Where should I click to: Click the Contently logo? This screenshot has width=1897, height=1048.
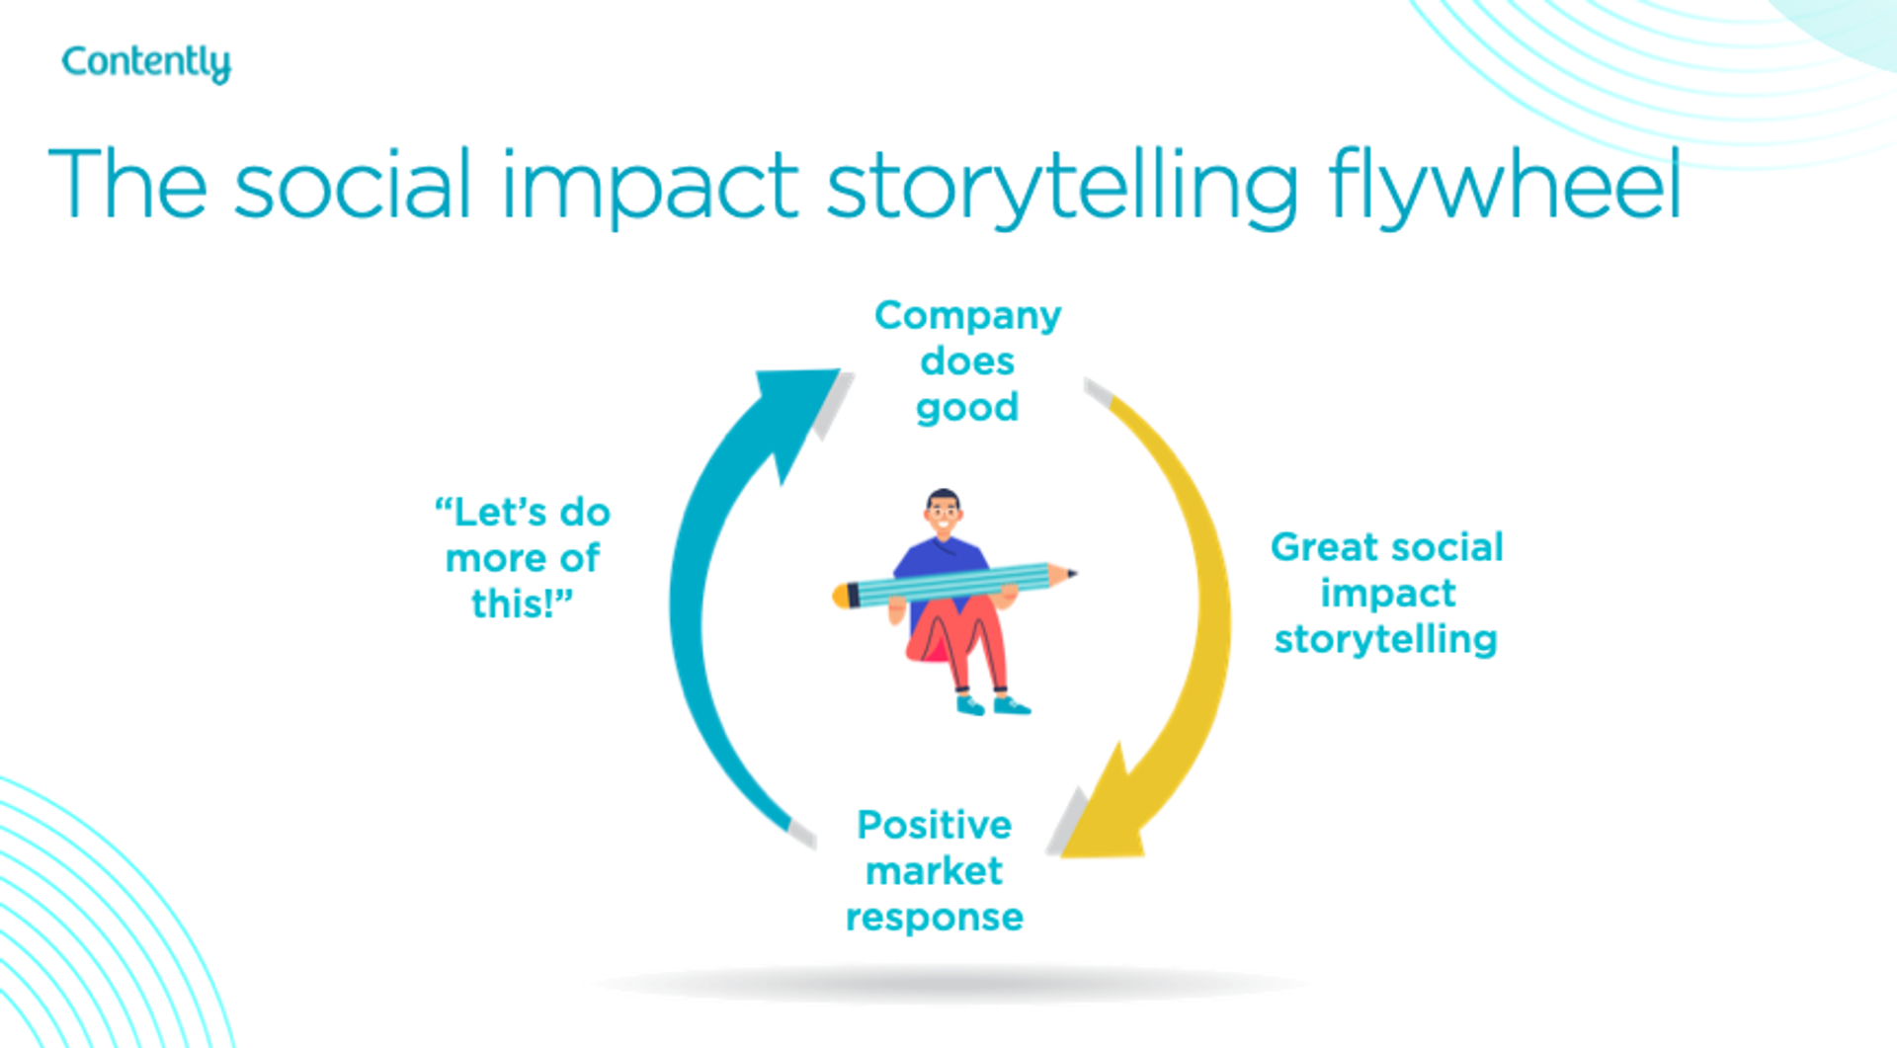click(x=146, y=62)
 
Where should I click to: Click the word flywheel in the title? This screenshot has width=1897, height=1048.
click(x=1504, y=186)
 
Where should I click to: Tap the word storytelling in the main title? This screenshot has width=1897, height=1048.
click(x=1062, y=186)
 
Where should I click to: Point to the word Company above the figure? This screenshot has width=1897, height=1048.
click(x=967, y=315)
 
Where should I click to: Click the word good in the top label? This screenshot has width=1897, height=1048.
click(x=967, y=408)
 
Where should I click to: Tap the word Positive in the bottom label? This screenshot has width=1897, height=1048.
click(x=934, y=825)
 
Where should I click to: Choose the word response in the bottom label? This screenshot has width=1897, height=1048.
click(x=934, y=918)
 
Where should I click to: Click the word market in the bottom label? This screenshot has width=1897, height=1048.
click(x=934, y=871)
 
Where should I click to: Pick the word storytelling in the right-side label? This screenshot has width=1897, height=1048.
click(x=1385, y=639)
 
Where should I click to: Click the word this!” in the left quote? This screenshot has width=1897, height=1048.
click(x=522, y=604)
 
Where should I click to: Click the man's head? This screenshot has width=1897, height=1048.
click(x=944, y=511)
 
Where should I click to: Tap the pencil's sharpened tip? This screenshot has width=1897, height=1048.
click(x=1067, y=573)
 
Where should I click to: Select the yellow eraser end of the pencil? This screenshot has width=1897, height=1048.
click(x=841, y=596)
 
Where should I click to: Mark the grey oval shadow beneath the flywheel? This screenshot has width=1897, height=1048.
click(x=948, y=983)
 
